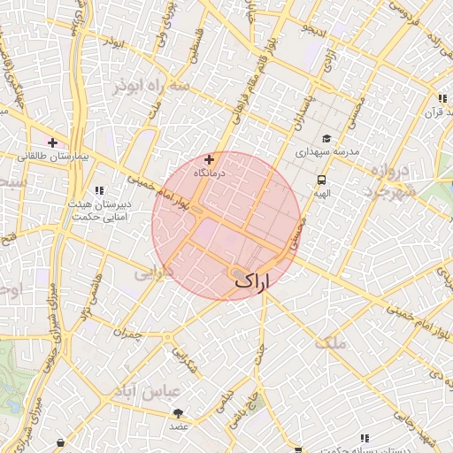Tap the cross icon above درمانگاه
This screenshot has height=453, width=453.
click(209, 160)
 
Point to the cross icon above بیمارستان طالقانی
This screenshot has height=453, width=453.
click(53, 142)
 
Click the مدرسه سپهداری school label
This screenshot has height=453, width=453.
click(326, 152)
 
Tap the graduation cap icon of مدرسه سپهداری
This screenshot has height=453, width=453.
click(326, 139)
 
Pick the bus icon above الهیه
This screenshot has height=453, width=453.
click(321, 179)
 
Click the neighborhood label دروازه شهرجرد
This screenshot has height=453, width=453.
click(398, 180)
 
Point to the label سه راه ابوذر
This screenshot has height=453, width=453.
click(153, 87)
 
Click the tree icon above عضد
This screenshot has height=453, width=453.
click(180, 413)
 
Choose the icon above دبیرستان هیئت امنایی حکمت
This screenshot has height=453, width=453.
click(100, 190)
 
